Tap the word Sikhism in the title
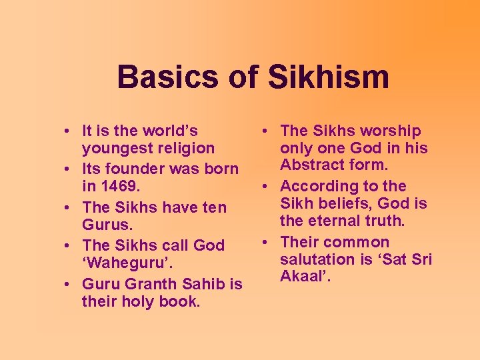[x=329, y=77]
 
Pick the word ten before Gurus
[x=213, y=207]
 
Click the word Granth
[x=153, y=284]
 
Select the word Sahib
[x=204, y=284]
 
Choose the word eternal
[x=333, y=221]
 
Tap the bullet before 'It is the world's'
[x=69, y=131]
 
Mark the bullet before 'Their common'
[x=267, y=243]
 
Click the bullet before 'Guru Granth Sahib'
[x=69, y=284]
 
